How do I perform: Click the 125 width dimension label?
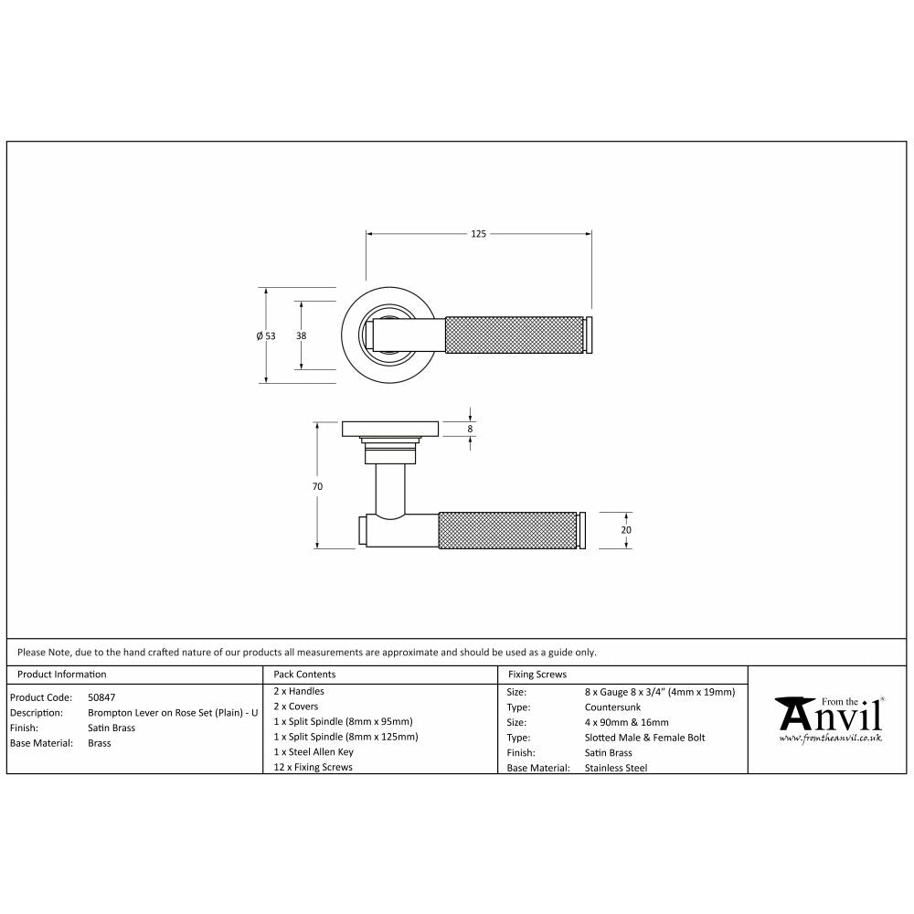tap(478, 234)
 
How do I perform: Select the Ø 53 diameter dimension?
tap(266, 335)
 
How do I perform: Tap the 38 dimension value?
tap(301, 335)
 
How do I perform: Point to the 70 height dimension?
tap(317, 486)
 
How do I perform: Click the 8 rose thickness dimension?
tap(470, 429)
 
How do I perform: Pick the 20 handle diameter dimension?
tap(626, 530)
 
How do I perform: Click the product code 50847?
tap(101, 697)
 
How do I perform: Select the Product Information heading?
tap(62, 675)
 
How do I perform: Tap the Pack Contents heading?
tap(305, 675)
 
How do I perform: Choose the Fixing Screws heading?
tap(537, 675)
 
